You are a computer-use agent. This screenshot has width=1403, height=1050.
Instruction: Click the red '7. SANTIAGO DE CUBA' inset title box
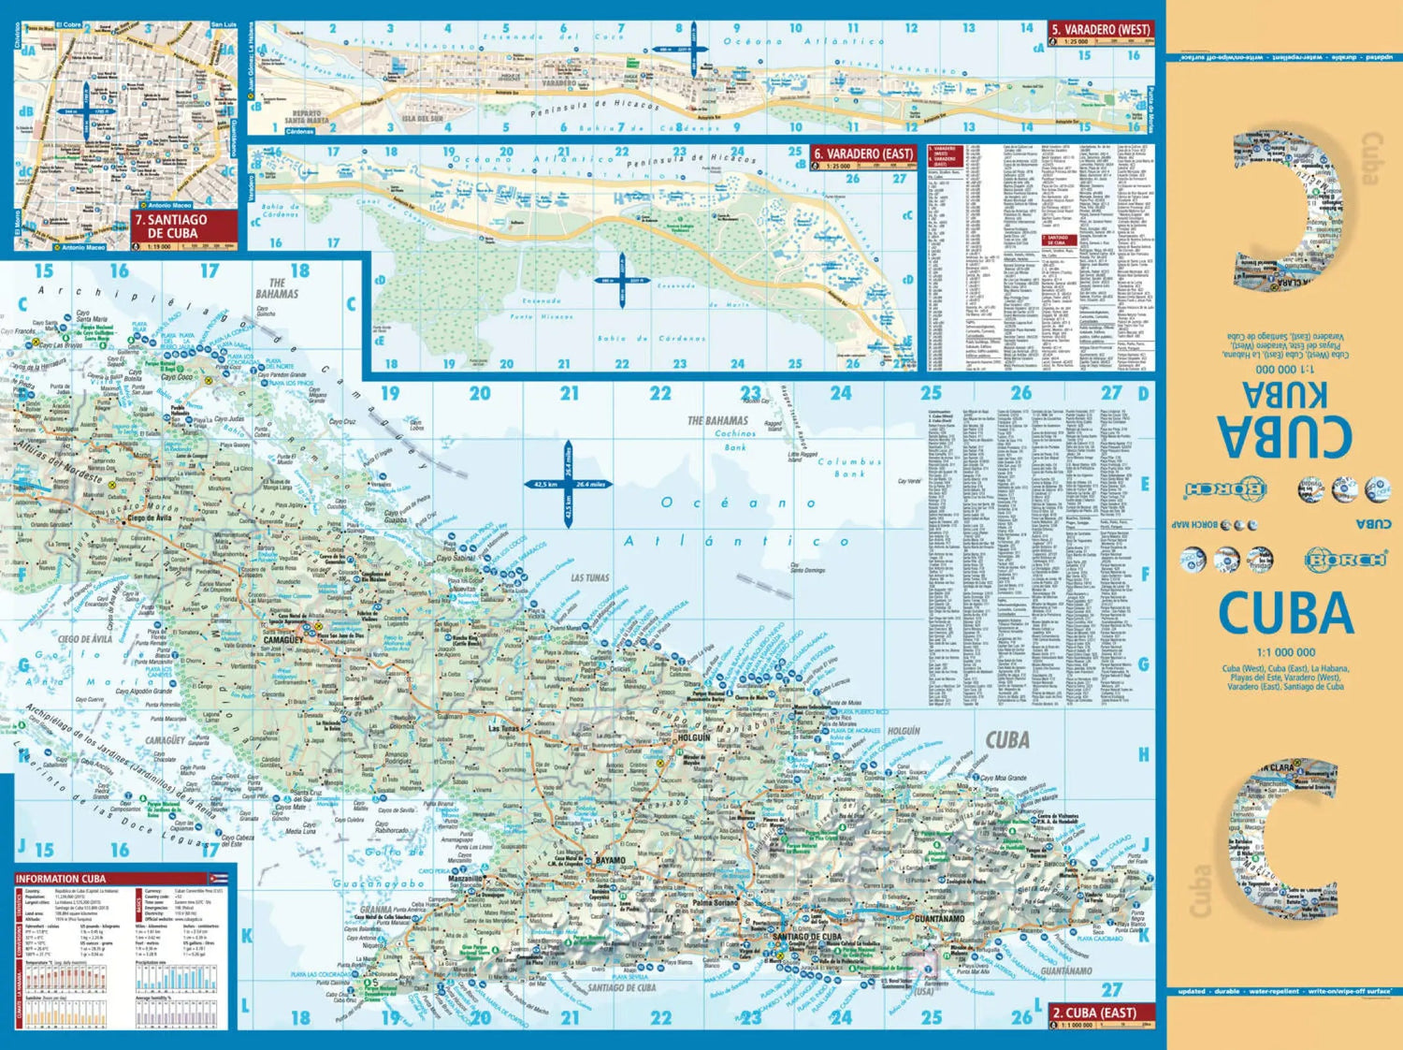click(183, 226)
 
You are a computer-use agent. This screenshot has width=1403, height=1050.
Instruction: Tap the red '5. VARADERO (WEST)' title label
click(1100, 30)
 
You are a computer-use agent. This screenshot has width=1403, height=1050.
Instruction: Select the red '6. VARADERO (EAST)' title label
click(862, 153)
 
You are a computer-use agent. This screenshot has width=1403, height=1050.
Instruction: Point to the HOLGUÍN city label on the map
click(694, 737)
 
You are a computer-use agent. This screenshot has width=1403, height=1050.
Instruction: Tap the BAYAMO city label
click(610, 860)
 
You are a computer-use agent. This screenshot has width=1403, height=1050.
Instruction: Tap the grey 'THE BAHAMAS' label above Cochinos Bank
click(717, 420)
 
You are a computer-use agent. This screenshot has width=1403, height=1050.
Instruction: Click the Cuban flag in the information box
click(219, 879)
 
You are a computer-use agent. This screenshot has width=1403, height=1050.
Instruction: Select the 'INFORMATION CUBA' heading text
click(60, 879)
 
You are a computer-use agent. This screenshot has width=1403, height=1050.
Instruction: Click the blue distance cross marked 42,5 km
click(568, 484)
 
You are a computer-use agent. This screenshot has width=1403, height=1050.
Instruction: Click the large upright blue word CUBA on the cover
click(1286, 614)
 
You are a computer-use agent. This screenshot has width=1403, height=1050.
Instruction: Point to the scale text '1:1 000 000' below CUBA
click(1285, 652)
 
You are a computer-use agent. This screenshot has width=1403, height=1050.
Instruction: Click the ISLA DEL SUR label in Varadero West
click(422, 119)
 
